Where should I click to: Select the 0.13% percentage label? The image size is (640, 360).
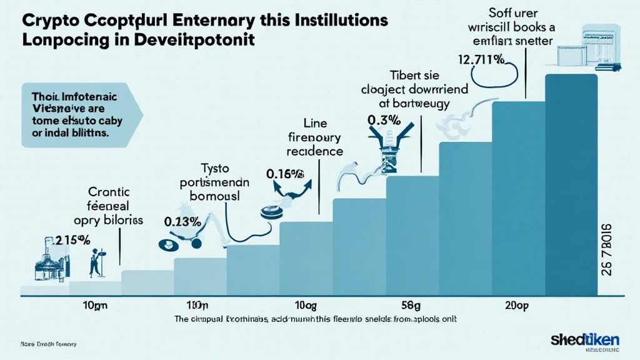click(182, 220)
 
